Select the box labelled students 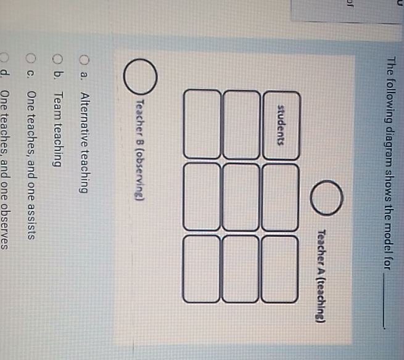pos(281,123)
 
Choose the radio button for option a pos(85,61)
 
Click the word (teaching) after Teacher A pos(320,295)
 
